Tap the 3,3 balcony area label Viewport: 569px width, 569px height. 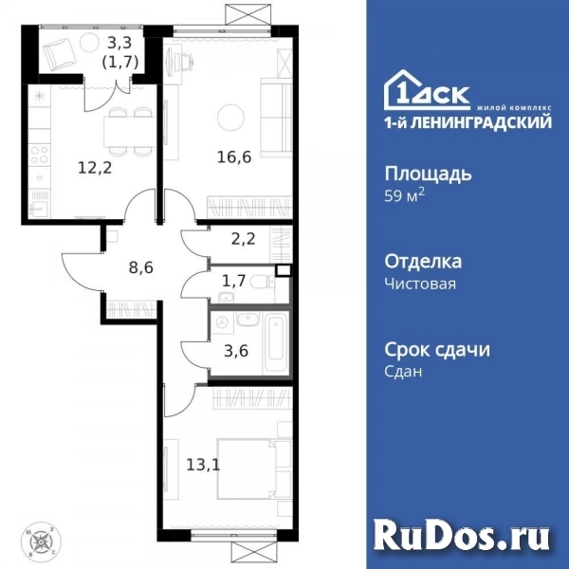point(119,41)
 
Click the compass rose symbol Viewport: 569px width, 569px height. point(43,543)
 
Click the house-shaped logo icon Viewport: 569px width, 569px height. point(406,90)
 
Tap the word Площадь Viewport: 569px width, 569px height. point(429,174)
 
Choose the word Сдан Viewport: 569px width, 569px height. point(404,372)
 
